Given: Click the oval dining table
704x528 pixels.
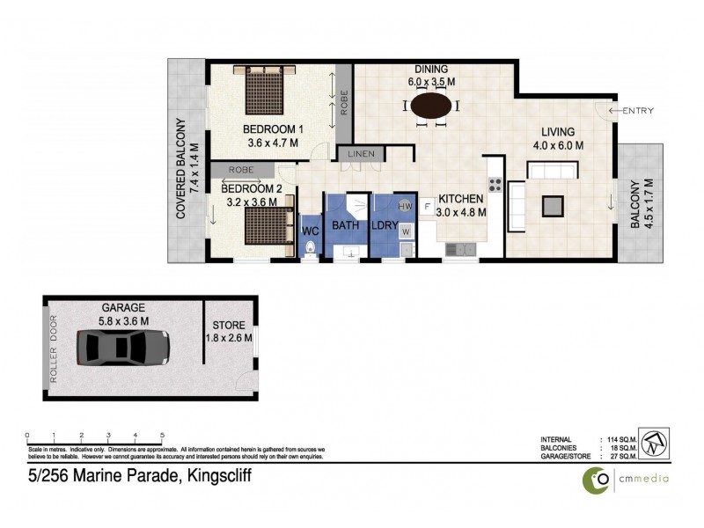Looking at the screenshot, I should click(x=430, y=106).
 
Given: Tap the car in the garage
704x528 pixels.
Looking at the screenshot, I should click(x=122, y=348).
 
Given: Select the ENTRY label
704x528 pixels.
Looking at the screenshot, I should click(x=638, y=110).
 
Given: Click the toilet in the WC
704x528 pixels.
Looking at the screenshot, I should click(x=308, y=250).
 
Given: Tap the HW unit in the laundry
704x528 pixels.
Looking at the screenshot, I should click(x=405, y=206).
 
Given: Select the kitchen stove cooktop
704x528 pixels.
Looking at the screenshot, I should click(x=495, y=185).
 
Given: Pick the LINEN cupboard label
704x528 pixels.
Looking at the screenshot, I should click(x=361, y=154).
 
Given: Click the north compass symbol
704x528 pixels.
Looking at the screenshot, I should click(x=653, y=442).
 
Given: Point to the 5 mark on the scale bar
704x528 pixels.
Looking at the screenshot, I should click(x=162, y=436).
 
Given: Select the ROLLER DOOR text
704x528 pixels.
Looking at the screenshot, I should click(x=54, y=348).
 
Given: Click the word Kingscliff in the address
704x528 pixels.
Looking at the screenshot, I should click(x=216, y=478).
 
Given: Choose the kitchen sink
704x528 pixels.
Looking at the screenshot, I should click(x=460, y=249).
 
